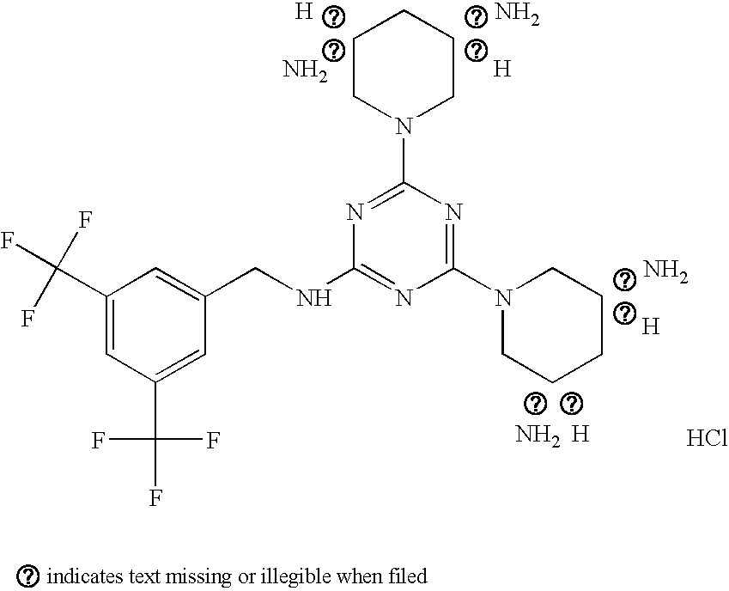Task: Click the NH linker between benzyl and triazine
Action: pos(313,299)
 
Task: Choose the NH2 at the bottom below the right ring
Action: pos(538,435)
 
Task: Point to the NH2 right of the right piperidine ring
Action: pos(665,272)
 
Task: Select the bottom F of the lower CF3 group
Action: pos(156,497)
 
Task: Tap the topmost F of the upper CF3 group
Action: pos(85,219)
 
